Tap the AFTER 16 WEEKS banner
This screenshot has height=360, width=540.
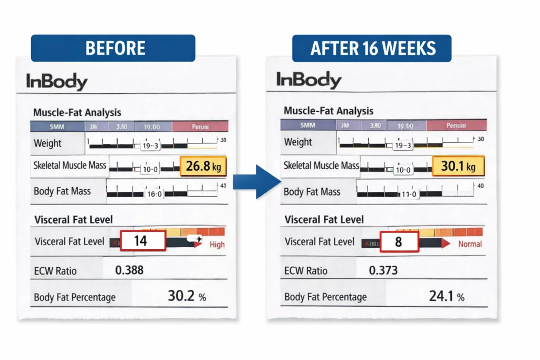(x=373, y=48)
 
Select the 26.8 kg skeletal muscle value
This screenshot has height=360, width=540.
(x=204, y=167)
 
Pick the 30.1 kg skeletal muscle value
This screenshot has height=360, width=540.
(x=458, y=167)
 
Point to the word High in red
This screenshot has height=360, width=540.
(x=217, y=245)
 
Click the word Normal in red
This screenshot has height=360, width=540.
(x=469, y=244)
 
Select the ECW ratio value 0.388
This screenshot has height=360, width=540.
(x=129, y=271)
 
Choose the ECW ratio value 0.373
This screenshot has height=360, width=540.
(x=383, y=270)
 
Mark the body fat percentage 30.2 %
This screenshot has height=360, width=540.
(x=186, y=296)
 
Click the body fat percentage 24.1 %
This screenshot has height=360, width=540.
(x=446, y=296)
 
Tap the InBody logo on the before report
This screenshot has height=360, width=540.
(x=57, y=82)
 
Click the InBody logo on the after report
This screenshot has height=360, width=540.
(x=308, y=80)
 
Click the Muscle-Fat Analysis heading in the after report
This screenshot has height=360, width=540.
(x=329, y=111)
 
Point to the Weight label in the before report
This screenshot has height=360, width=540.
(x=47, y=143)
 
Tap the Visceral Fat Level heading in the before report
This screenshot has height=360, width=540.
(x=73, y=220)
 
